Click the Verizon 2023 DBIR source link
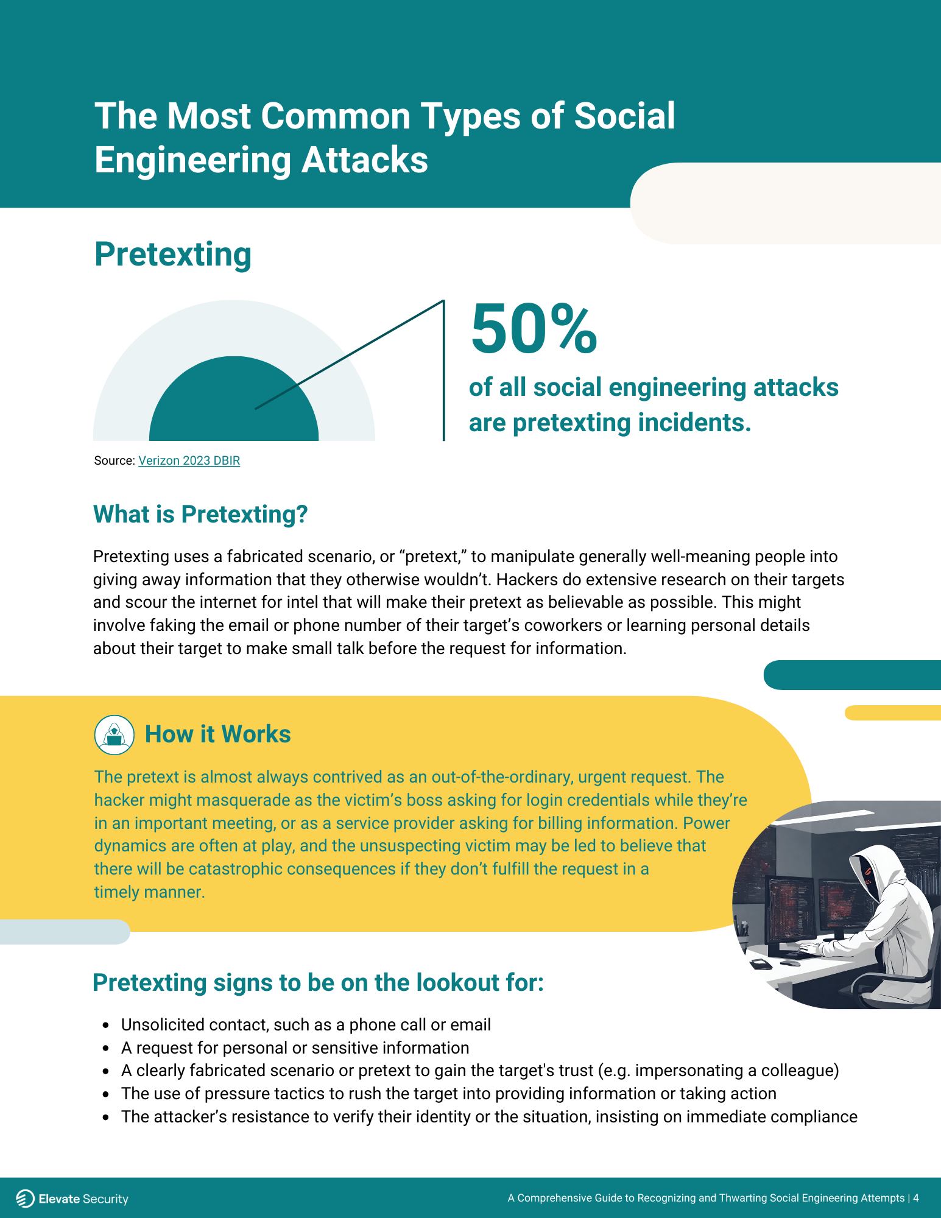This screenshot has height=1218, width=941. (x=189, y=461)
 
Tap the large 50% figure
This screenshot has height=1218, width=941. (x=534, y=329)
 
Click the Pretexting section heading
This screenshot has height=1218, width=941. (x=173, y=255)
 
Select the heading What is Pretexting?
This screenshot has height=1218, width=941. (x=200, y=515)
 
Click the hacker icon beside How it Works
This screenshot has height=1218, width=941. (x=115, y=734)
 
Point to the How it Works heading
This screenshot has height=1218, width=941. (x=217, y=734)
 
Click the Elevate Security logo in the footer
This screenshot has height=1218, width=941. (x=72, y=1199)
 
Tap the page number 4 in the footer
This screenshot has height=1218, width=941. (x=915, y=1198)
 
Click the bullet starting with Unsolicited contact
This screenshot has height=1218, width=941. (x=306, y=1025)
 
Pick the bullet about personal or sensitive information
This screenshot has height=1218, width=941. (x=295, y=1048)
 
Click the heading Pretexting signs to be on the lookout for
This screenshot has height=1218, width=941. (x=318, y=983)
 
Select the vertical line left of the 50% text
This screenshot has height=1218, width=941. (x=443, y=370)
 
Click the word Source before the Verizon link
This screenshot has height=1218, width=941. (x=113, y=461)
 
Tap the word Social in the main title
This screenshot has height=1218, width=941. (x=624, y=116)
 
